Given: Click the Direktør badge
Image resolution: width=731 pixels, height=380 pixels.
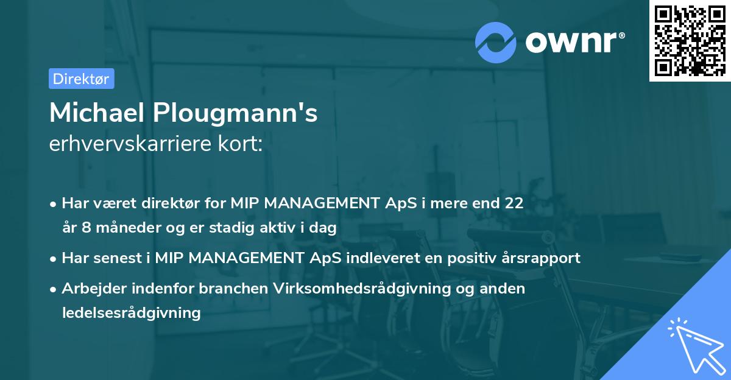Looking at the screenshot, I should tap(81, 79).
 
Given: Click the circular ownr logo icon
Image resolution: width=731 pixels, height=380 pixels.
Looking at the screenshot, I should tap(496, 42).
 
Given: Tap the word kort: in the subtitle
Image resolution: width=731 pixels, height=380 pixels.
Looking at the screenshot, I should tap(245, 145).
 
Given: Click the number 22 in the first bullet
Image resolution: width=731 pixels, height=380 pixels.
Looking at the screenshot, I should tap(514, 203).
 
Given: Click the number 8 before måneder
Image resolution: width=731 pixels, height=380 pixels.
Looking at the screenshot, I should tap(83, 228).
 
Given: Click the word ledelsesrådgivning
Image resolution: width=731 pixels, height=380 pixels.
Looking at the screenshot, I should tap(131, 313).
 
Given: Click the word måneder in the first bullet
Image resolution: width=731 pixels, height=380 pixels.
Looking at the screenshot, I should tap(122, 228).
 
